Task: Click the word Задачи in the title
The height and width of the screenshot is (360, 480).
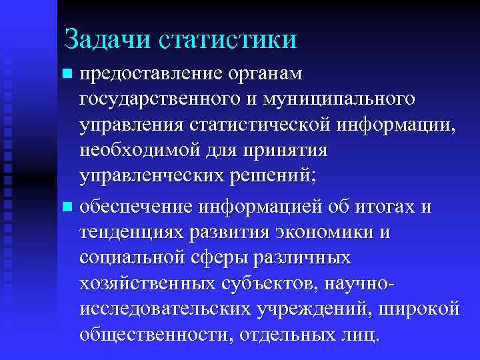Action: click(x=107, y=38)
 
